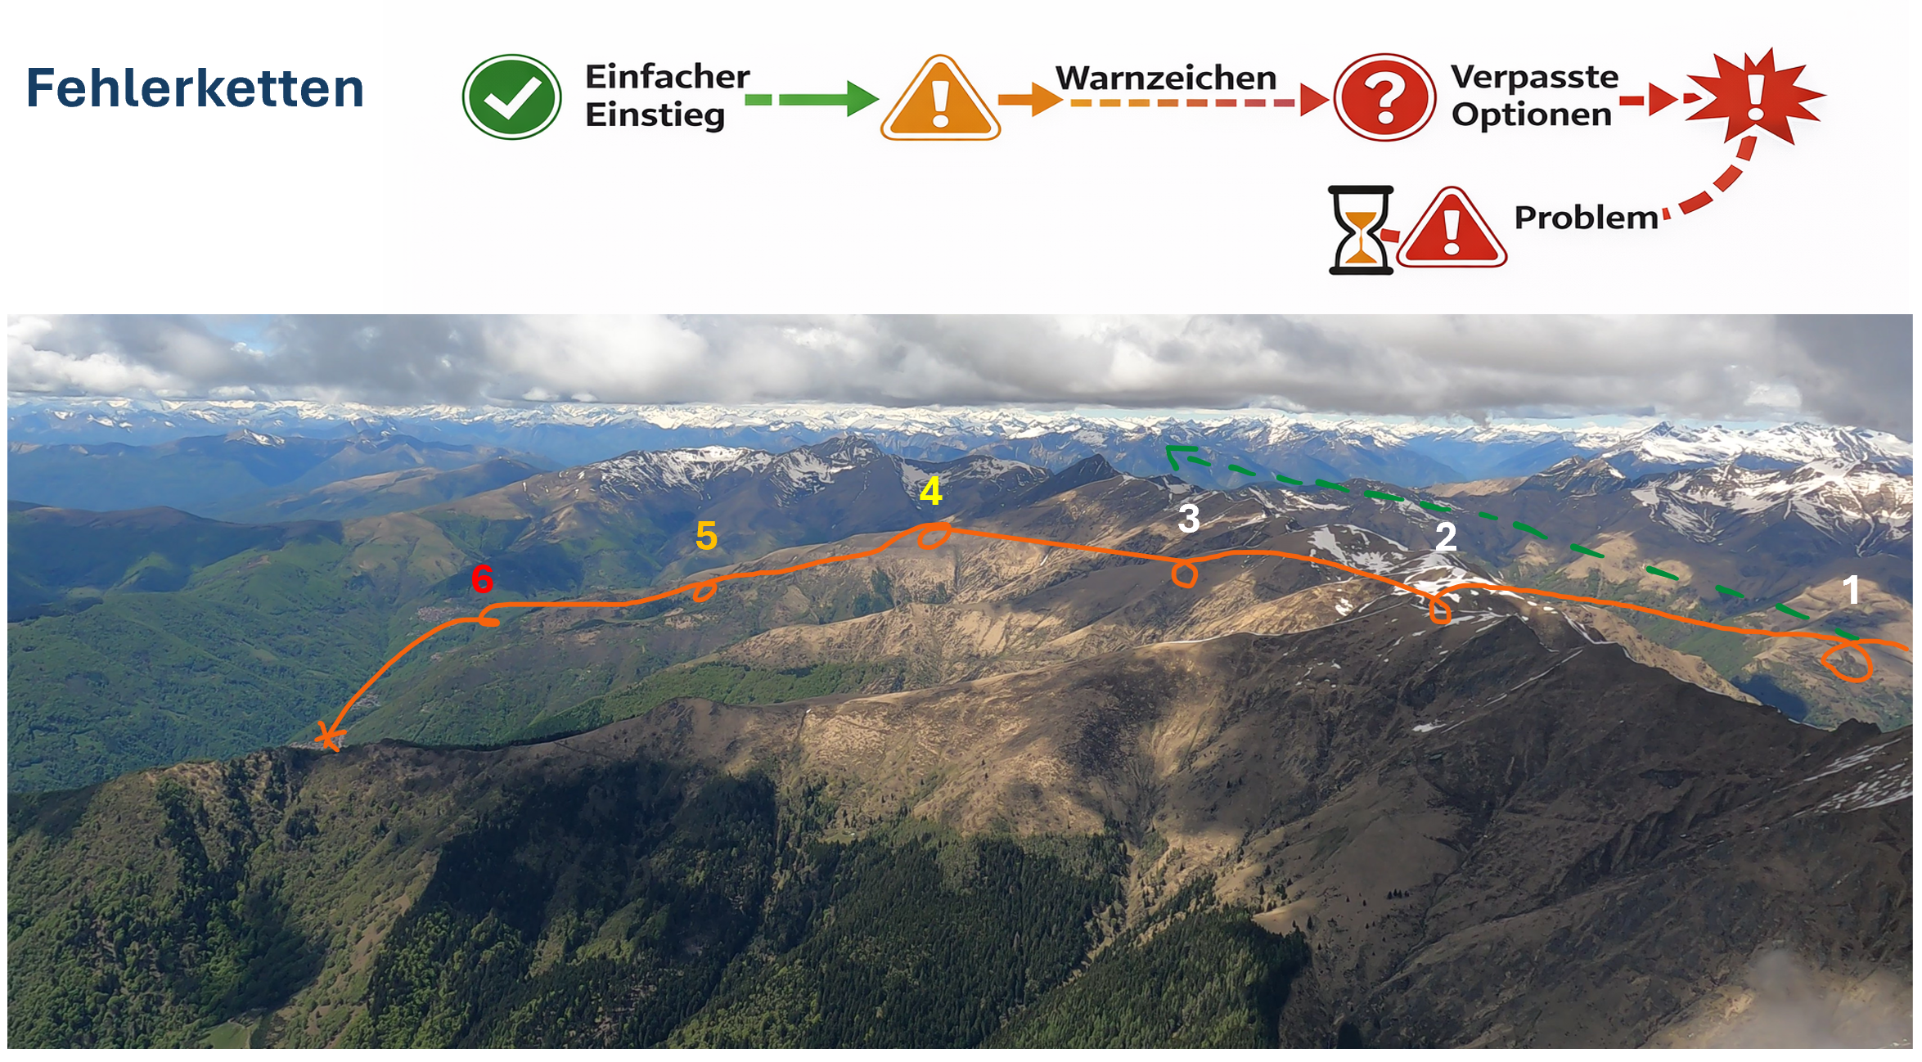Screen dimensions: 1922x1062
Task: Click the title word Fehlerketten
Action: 195,88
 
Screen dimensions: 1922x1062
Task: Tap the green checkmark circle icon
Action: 512,97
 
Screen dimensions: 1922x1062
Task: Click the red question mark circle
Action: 1384,97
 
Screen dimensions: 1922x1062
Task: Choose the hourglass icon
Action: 1361,230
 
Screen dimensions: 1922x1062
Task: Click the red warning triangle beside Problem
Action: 1452,228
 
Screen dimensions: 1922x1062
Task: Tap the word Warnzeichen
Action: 1166,79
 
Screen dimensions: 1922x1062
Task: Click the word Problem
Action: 1586,218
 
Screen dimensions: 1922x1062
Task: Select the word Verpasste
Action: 1535,77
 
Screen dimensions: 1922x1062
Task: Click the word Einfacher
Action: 667,77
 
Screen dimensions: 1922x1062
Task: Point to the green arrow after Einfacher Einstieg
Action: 812,99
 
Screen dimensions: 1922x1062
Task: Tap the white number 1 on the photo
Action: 1851,590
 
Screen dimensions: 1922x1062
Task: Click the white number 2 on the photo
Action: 1446,537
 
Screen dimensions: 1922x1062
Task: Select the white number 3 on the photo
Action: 1189,519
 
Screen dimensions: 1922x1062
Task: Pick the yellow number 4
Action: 931,492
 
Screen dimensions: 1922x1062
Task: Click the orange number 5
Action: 706,537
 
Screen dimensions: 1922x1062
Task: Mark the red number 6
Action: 483,579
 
